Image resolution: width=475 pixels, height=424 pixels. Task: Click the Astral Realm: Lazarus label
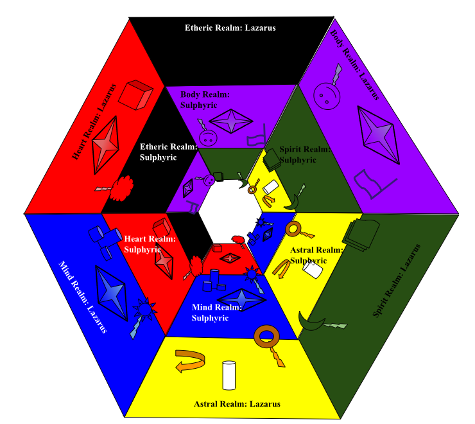237,404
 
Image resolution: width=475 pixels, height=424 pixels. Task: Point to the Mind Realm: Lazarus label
83,296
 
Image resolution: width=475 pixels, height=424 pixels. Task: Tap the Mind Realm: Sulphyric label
216,312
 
